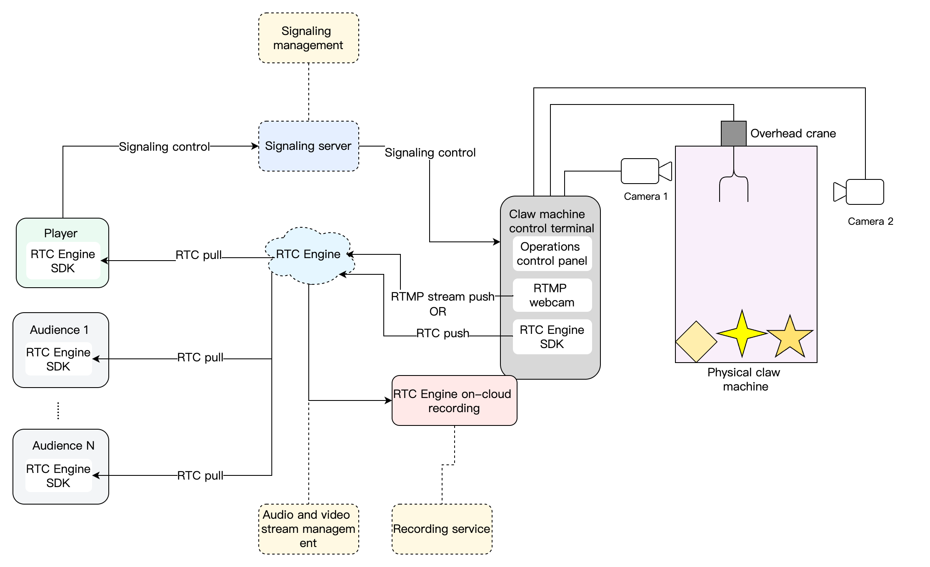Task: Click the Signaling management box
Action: (308, 38)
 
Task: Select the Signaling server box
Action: (308, 146)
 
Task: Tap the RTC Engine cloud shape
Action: (309, 255)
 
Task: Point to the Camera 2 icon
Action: (860, 192)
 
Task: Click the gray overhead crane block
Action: (733, 134)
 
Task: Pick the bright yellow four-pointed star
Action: (742, 333)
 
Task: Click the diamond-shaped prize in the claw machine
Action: (696, 342)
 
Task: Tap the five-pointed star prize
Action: (790, 337)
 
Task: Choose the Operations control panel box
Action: (552, 254)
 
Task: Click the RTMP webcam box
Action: (552, 295)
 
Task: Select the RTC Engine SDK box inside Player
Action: (63, 261)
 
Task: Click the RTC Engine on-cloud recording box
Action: (454, 400)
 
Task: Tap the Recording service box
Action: (442, 529)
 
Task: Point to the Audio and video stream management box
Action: (308, 529)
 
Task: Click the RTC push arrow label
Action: (442, 333)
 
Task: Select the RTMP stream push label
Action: (442, 297)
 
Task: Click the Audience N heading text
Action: (63, 445)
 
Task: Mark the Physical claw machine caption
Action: (744, 379)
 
